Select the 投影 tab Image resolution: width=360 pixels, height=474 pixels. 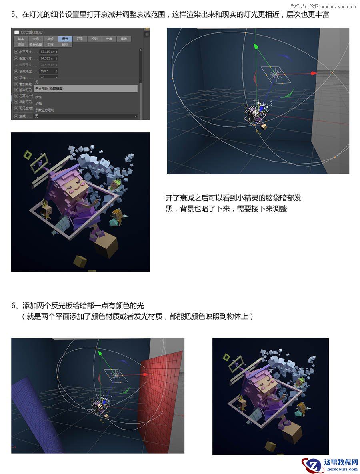[x=94, y=39]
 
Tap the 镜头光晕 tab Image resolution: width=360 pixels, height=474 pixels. [x=36, y=44]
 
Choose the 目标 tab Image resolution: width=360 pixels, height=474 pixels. [x=65, y=44]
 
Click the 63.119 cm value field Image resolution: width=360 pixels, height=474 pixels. [x=48, y=52]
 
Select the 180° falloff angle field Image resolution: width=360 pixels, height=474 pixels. [x=48, y=71]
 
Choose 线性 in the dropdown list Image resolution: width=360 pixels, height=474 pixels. [x=39, y=97]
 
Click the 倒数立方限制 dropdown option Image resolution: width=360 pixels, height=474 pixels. [x=44, y=110]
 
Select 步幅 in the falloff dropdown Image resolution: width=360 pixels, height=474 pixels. [x=39, y=103]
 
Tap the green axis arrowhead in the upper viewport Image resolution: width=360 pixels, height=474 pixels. [x=256, y=46]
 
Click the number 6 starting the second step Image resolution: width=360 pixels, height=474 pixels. [x=13, y=306]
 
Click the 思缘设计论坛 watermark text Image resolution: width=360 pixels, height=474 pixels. [x=304, y=6]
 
